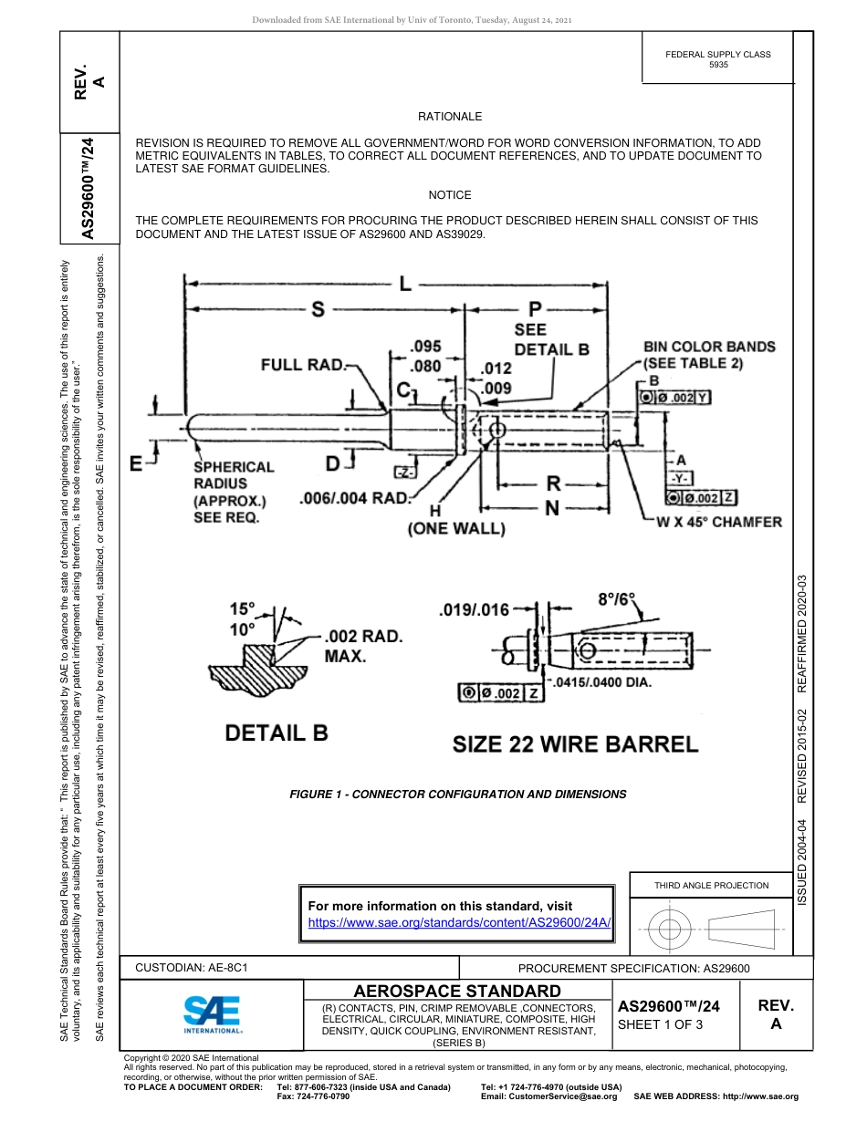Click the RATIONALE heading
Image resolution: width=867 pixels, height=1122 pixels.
point(449,117)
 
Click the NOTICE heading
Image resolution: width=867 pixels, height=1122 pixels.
point(449,195)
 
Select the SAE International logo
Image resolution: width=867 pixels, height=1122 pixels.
point(213,1013)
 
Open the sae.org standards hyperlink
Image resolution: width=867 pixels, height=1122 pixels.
point(458,922)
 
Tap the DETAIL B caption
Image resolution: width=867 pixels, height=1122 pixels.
point(277,732)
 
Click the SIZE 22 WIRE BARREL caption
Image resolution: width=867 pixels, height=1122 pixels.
point(575,743)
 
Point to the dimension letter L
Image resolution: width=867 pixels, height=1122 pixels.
point(404,284)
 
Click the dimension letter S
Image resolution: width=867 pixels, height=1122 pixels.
point(318,310)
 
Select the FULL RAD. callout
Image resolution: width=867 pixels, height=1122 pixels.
point(304,365)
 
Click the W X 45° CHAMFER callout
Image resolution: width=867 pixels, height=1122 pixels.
point(719,522)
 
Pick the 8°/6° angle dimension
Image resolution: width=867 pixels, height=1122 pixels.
point(616,600)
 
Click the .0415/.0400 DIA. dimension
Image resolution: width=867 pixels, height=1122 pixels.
point(600,682)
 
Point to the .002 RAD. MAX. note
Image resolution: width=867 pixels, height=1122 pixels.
point(362,645)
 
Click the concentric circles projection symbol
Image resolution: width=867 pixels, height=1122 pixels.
point(670,930)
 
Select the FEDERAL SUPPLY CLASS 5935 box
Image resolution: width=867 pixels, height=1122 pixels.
point(717,60)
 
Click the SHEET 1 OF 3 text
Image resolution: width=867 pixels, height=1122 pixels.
point(660,1024)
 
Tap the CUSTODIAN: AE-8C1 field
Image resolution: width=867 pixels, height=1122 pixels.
point(192,967)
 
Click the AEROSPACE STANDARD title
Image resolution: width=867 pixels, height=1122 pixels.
point(457,991)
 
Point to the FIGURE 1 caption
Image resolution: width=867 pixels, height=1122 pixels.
point(457,794)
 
